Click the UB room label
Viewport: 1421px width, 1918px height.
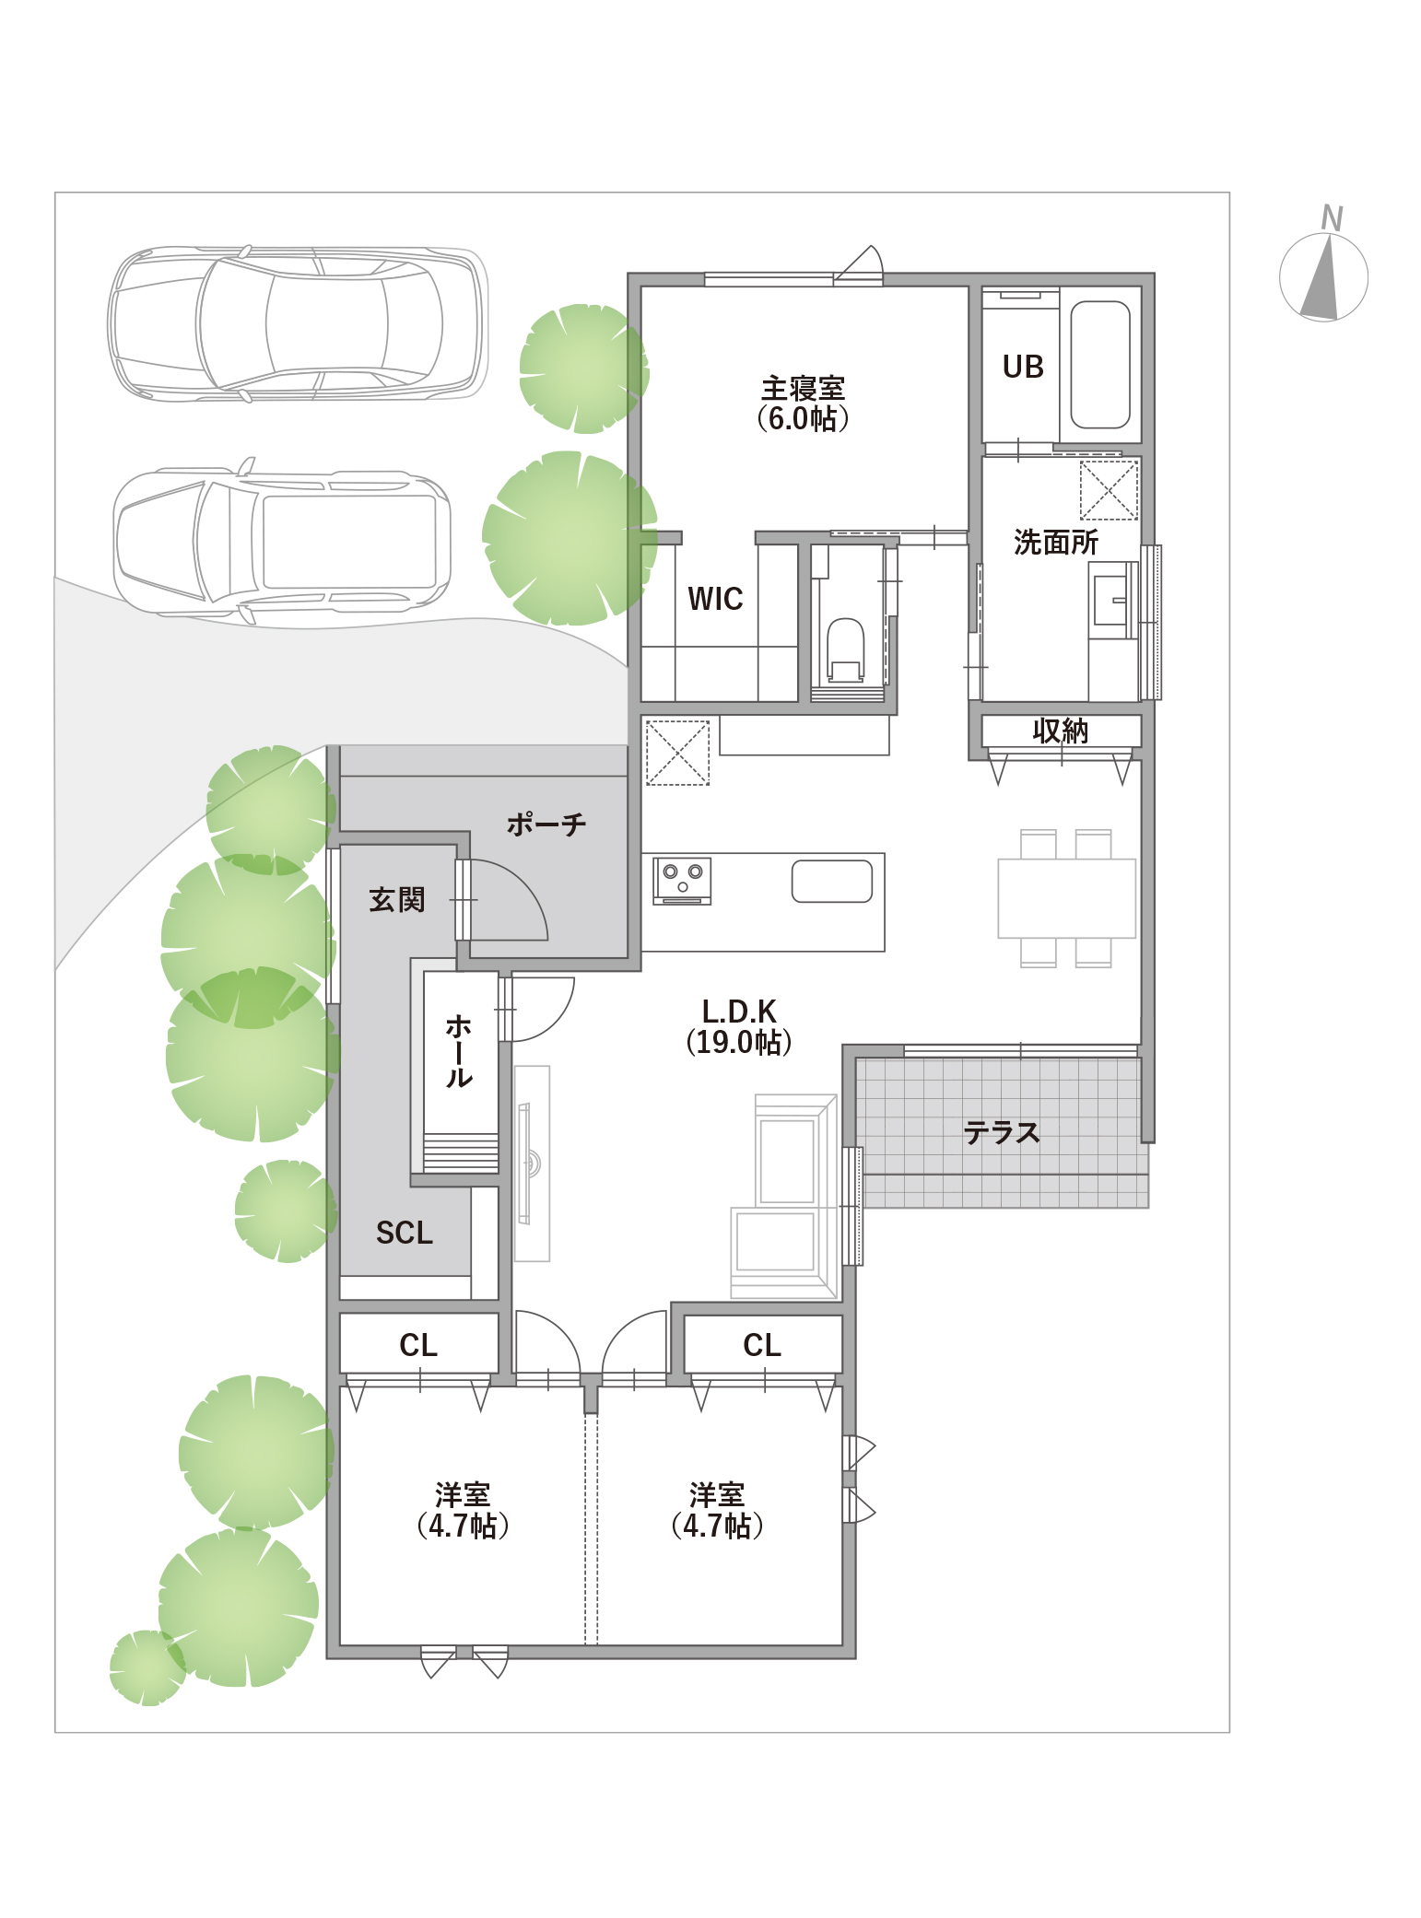click(1023, 367)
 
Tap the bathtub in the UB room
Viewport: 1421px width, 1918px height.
click(1100, 365)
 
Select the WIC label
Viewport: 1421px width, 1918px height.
click(715, 599)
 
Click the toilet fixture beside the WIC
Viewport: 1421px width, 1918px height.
click(846, 650)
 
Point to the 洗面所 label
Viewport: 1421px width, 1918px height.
click(1056, 542)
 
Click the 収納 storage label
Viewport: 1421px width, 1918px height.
click(1061, 731)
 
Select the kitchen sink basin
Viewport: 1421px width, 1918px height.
click(832, 881)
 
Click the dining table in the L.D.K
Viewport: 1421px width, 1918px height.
click(1067, 898)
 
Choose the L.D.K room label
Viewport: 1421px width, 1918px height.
click(739, 1011)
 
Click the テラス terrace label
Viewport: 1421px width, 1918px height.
click(1002, 1132)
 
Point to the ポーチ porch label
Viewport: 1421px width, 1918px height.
click(546, 824)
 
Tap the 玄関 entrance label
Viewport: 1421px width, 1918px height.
click(397, 899)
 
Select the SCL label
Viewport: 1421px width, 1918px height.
click(405, 1233)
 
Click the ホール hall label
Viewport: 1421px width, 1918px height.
click(459, 1051)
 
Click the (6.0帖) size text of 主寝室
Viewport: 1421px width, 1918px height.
click(803, 419)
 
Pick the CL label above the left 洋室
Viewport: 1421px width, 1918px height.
click(418, 1345)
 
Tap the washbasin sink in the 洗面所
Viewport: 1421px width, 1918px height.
click(1110, 601)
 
